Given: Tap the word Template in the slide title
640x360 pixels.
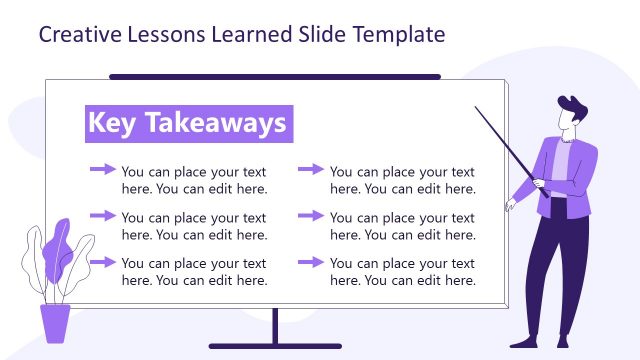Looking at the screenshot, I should point(397,35).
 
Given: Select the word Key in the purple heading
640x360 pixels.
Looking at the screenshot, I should point(111,123).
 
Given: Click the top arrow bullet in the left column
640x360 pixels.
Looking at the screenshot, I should point(103,170).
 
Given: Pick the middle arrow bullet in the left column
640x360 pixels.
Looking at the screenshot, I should point(103,216).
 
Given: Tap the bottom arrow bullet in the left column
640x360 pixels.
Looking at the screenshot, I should point(103,262).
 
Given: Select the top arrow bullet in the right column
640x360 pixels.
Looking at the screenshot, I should point(311,170).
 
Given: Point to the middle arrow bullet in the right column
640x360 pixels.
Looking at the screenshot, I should point(311,216).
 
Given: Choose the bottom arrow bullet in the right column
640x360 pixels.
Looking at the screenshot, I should point(311,262).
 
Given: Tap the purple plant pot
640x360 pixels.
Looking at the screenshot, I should point(55,323).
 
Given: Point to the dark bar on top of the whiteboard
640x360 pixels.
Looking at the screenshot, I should point(274,76).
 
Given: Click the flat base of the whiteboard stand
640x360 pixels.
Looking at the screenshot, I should point(274,346).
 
